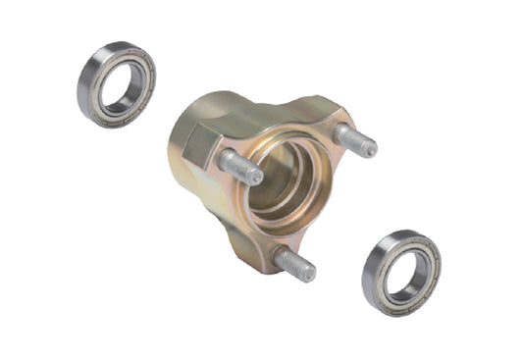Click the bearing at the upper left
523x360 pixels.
tap(116, 83)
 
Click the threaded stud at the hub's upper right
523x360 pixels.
tap(354, 140)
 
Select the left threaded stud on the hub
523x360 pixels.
tap(240, 168)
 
